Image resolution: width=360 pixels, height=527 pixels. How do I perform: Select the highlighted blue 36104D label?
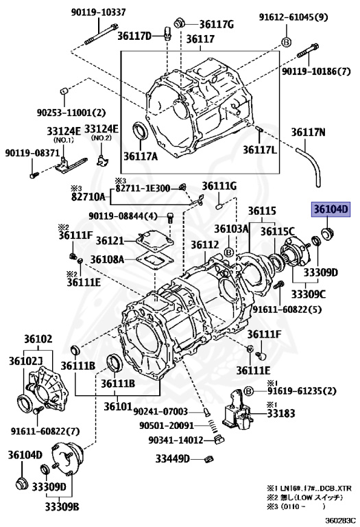332,210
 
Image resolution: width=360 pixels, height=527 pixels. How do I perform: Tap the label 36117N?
317,132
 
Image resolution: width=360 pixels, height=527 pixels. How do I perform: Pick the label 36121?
110,240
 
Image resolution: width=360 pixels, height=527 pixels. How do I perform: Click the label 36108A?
110,260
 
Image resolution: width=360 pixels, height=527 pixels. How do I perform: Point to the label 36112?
204,245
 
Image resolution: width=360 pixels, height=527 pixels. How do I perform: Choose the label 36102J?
26,361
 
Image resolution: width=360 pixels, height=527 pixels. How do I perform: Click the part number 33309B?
62,508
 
